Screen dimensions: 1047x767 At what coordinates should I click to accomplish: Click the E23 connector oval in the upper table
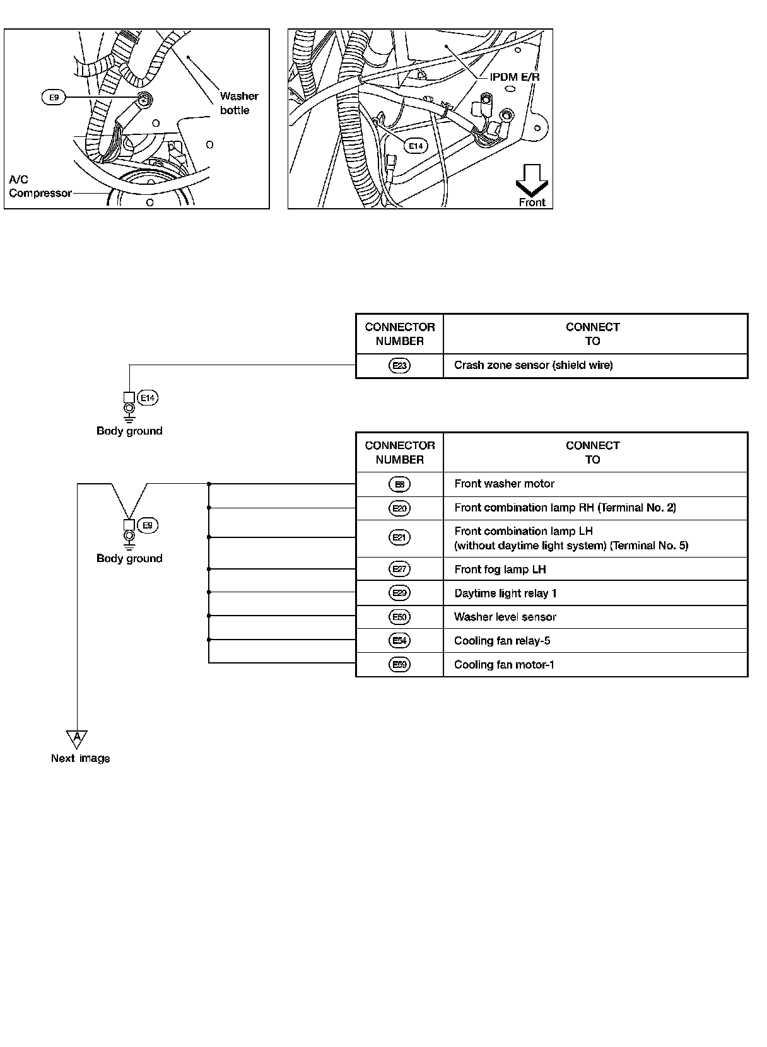coord(400,366)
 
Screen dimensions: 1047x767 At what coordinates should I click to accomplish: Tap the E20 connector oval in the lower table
coord(400,508)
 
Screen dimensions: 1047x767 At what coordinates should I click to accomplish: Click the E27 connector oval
coord(400,570)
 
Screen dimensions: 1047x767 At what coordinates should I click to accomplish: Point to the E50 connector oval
coord(400,617)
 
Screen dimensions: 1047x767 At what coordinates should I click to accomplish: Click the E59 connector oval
coord(400,665)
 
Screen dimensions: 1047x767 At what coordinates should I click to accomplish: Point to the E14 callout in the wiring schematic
coord(148,398)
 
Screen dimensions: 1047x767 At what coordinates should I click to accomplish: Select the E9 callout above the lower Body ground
coord(148,525)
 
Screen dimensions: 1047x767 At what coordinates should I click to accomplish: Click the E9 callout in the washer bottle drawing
coord(54,98)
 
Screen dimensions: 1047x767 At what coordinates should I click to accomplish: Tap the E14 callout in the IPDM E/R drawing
coord(416,146)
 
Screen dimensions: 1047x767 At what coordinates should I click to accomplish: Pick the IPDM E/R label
coord(515,78)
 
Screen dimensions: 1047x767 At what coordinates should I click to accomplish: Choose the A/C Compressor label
coord(39,187)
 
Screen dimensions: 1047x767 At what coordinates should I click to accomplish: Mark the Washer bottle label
coord(238,103)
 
